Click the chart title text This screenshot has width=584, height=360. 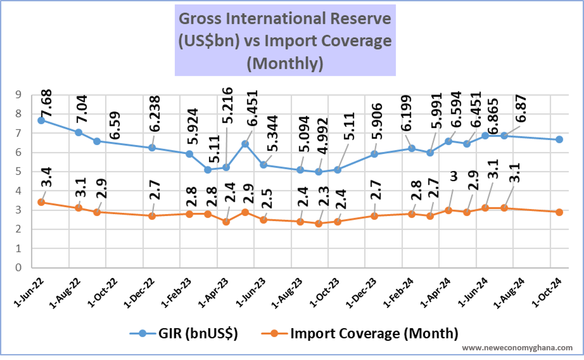[285, 41]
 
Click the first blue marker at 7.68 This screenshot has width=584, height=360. [41, 120]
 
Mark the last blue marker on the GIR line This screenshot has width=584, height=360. [559, 139]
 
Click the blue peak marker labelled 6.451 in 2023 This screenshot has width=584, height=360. [245, 144]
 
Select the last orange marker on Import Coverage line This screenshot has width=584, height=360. [559, 212]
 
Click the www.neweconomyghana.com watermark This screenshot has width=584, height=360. [517, 348]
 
